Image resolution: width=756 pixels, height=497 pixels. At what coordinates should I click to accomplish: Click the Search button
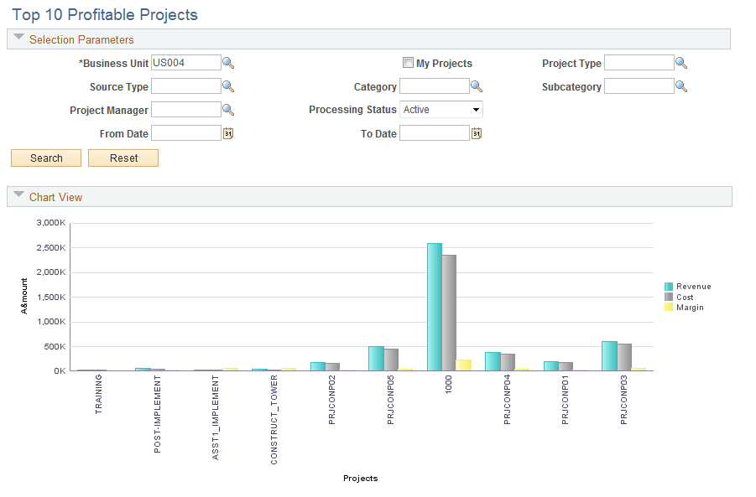point(46,158)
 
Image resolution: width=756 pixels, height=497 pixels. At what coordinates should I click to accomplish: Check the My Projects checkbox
point(408,63)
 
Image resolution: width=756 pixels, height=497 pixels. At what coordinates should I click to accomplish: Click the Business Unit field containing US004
point(185,63)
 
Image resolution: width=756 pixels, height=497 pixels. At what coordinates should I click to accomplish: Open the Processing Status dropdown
point(441,110)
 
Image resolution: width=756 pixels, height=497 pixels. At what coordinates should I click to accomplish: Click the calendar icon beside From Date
point(227,133)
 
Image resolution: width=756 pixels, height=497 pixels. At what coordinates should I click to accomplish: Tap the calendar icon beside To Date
point(476,133)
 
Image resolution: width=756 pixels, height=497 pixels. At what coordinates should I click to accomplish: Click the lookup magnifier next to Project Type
point(681,63)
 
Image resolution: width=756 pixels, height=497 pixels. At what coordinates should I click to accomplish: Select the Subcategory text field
point(639,86)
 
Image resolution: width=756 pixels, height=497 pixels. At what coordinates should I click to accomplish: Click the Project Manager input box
point(185,110)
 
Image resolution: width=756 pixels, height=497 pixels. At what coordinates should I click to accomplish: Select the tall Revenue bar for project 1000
point(434,307)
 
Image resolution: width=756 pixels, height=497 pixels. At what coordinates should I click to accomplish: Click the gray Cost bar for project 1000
point(449,313)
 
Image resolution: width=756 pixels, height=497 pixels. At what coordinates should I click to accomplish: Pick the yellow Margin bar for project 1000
point(463,365)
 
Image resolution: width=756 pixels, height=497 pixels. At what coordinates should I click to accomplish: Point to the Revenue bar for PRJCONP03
point(608,355)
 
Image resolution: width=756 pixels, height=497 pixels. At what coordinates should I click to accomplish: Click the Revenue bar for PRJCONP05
point(376,358)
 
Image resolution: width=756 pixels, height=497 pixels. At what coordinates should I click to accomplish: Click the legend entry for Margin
point(689,308)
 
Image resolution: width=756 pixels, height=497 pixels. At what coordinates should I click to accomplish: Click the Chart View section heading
point(55,197)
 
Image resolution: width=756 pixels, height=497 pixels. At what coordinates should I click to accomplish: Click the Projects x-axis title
point(360,479)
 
